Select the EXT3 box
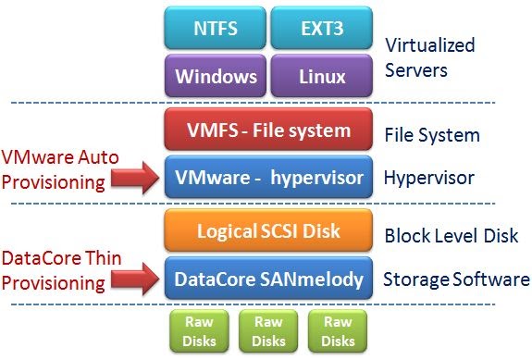[321, 29]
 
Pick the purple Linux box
[321, 75]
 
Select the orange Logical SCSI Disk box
[268, 230]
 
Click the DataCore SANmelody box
[268, 276]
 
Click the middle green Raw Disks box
[268, 331]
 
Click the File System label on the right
[432, 135]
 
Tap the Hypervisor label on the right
[428, 178]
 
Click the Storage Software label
[457, 279]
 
